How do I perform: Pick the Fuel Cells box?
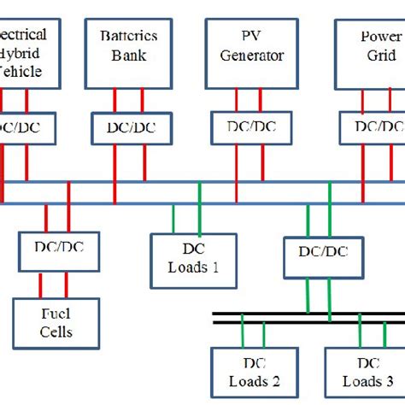pyautogui.click(x=53, y=321)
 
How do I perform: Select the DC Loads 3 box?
pyautogui.click(x=363, y=371)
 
